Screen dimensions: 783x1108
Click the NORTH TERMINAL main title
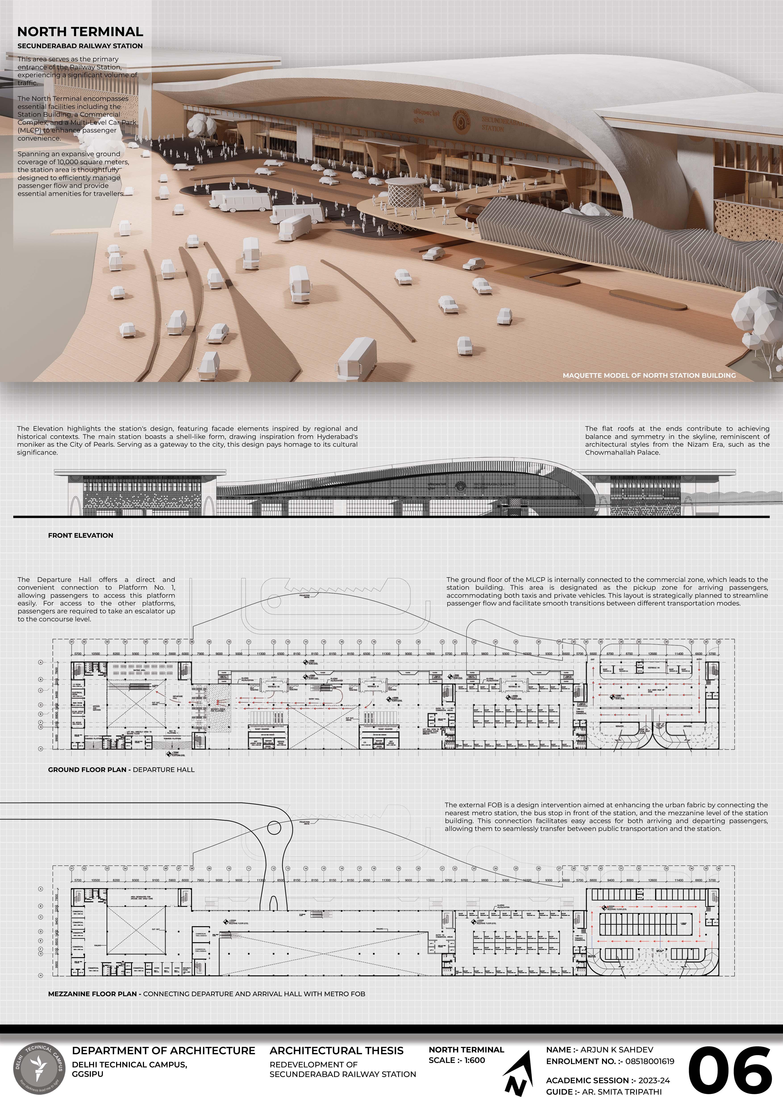tap(80, 32)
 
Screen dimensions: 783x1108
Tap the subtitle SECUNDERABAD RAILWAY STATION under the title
tap(80, 46)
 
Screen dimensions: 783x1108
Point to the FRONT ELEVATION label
tap(81, 535)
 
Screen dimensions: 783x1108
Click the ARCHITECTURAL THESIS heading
tap(336, 1051)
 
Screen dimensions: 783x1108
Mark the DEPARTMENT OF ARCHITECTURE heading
tap(163, 1051)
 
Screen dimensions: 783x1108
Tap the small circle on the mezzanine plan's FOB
tap(274, 828)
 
